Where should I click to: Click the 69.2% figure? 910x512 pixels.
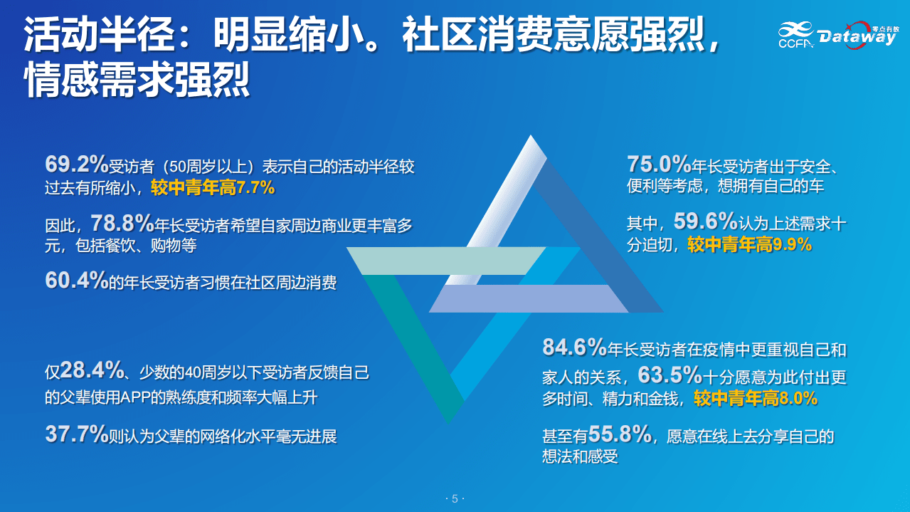76,165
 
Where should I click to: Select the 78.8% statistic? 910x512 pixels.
122,224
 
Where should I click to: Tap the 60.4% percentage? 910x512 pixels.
76,281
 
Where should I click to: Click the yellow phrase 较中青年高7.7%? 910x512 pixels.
213,188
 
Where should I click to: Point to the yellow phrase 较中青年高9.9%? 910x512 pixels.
749,245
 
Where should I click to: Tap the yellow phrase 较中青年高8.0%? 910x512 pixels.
756,398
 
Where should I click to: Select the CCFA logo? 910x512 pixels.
795,36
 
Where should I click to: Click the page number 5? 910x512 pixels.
455,498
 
